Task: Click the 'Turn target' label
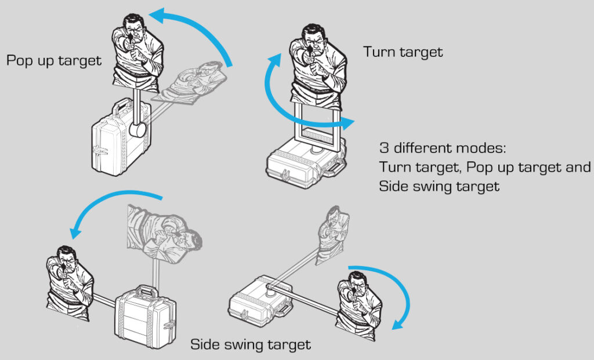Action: coord(403,52)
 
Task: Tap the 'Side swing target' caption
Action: coord(251,344)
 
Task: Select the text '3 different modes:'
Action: coord(443,147)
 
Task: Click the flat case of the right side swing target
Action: coord(258,301)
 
